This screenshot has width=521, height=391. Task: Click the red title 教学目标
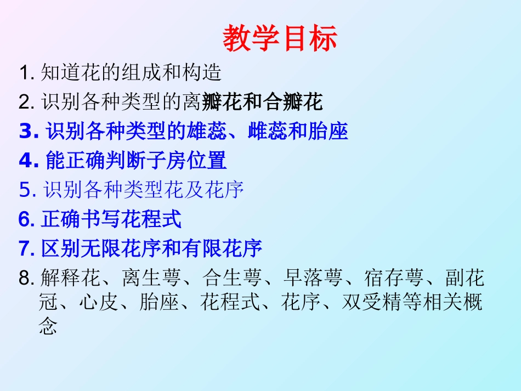280,39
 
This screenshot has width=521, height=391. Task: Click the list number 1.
26,72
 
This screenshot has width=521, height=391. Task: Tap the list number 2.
26,102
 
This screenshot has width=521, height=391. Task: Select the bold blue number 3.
26,132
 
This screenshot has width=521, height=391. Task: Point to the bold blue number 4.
26,161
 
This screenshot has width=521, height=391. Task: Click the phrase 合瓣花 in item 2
293,102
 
